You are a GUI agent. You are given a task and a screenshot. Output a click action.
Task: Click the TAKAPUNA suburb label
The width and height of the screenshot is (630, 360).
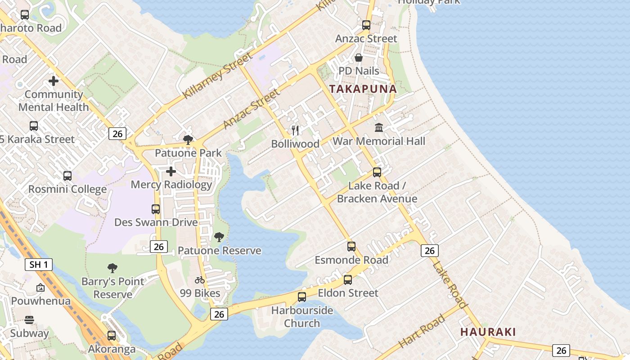(363, 89)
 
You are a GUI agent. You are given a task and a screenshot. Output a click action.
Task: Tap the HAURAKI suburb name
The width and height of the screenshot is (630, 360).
(488, 332)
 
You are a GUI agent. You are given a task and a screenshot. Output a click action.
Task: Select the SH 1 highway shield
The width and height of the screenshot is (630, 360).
(38, 265)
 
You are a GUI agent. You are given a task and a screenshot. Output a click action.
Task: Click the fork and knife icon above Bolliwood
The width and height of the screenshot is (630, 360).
(295, 130)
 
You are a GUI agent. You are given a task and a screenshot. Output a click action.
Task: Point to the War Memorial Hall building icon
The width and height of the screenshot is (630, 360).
(379, 128)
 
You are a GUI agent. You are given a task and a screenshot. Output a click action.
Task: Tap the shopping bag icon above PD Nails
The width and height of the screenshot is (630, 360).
(359, 58)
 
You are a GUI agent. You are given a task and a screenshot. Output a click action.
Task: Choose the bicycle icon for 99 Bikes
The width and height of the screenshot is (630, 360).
(200, 280)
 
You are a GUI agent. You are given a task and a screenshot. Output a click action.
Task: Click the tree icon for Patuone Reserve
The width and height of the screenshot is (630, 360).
(219, 237)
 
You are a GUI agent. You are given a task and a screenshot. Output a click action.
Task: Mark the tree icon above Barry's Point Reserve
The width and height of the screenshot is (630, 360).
(112, 268)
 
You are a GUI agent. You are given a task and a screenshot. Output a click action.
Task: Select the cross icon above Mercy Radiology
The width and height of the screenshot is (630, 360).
(171, 171)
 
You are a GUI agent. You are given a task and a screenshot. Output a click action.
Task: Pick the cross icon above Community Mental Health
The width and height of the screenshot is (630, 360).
(54, 81)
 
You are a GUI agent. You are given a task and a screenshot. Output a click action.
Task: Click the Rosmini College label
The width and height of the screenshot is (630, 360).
(67, 189)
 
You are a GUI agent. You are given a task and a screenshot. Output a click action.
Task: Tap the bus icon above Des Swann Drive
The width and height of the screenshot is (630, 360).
(156, 209)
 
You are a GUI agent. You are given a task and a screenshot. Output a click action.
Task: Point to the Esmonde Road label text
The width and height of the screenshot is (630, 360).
(351, 260)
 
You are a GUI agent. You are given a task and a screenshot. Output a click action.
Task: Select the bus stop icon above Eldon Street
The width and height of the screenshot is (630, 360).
(348, 280)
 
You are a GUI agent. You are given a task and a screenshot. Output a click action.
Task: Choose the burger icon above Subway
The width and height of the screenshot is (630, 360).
(29, 320)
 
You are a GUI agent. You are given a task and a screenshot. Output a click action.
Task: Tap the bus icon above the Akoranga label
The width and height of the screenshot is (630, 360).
(112, 335)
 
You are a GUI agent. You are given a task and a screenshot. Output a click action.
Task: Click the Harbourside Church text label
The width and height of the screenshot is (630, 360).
(302, 317)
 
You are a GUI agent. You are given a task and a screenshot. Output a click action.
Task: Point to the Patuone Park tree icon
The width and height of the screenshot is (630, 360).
(188, 139)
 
